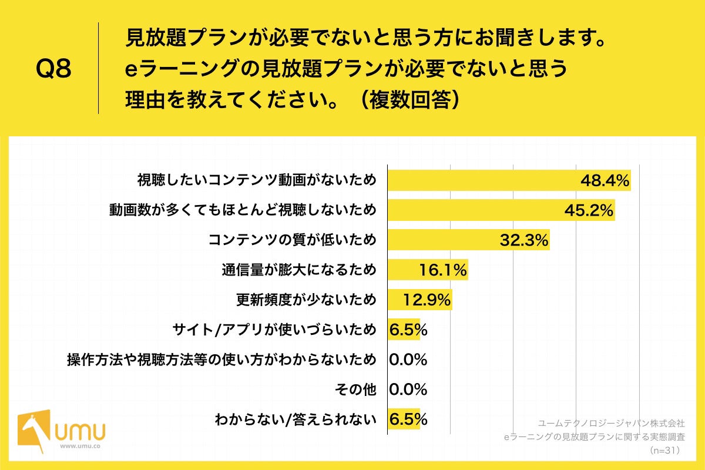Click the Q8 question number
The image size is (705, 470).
pyautogui.click(x=53, y=69)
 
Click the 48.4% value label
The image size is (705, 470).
pyautogui.click(x=605, y=180)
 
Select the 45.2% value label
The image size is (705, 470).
pyautogui.click(x=589, y=210)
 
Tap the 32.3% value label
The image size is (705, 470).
pyautogui.click(x=524, y=240)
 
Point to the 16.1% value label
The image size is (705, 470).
pyautogui.click(x=443, y=270)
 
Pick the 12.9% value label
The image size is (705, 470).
pyautogui.click(x=427, y=300)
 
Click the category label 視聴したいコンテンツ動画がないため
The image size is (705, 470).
pyautogui.click(x=256, y=180)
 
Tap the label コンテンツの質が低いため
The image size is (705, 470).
pyautogui.click(x=292, y=240)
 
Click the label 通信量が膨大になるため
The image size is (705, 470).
pyautogui.click(x=298, y=270)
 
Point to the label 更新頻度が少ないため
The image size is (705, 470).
pyautogui.click(x=305, y=300)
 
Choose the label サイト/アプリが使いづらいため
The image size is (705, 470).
pyautogui.click(x=274, y=330)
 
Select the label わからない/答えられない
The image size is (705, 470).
pyautogui.click(x=295, y=419)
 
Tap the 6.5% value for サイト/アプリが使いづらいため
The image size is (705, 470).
pyautogui.click(x=408, y=330)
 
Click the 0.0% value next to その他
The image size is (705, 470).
pyautogui.click(x=408, y=390)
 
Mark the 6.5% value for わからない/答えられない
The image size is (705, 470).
pyautogui.click(x=408, y=420)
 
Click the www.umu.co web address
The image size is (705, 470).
pyautogui.click(x=80, y=446)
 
